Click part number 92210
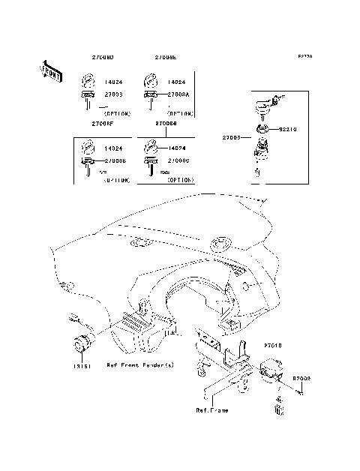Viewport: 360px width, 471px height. coord(289,129)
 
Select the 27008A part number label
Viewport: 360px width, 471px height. coord(177,94)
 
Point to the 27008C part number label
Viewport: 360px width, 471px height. coord(177,161)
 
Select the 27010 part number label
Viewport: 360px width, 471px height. coord(271,347)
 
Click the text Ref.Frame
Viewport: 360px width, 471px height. coord(212,410)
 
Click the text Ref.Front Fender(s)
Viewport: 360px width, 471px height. coord(140,365)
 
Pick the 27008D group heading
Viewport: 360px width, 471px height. coord(103,57)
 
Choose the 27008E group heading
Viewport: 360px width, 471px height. coord(166,57)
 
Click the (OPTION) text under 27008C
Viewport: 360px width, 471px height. coord(180,181)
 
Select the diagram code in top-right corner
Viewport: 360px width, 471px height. coord(304,56)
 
